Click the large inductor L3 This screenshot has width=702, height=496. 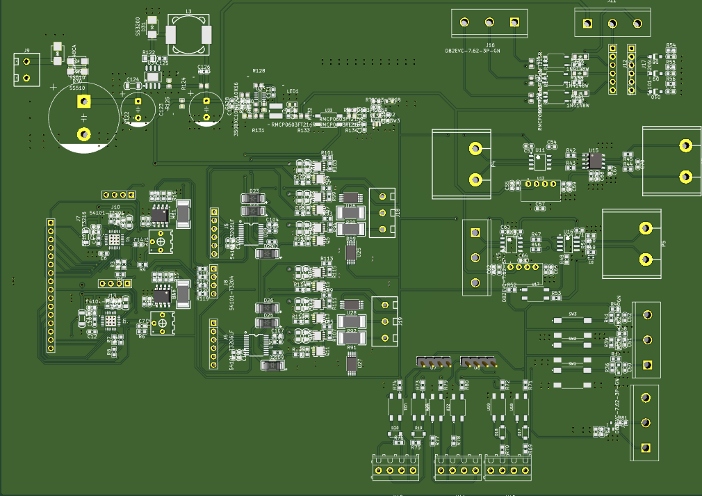(188, 34)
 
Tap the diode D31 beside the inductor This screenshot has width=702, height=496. (153, 28)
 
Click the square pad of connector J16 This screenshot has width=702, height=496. (515, 23)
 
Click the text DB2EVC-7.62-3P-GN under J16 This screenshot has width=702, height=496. (473, 51)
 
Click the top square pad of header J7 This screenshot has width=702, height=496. (50, 223)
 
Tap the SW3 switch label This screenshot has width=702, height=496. (573, 314)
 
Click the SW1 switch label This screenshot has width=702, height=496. (573, 364)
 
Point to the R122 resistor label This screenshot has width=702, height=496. (149, 53)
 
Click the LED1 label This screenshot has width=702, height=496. (293, 91)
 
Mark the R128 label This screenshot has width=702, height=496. (259, 71)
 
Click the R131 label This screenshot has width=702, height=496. (258, 130)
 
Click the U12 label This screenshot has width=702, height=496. (541, 179)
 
